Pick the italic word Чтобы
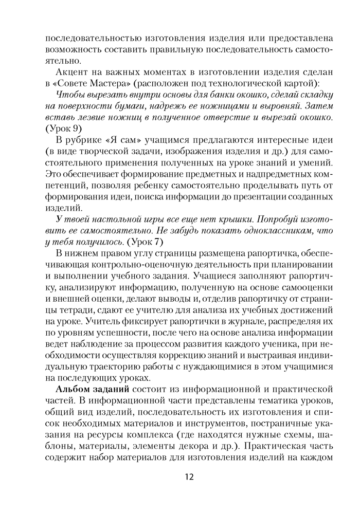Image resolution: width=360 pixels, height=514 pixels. pyautogui.click(x=70, y=95)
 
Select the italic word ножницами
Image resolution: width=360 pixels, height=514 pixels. pyautogui.click(x=227, y=106)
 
